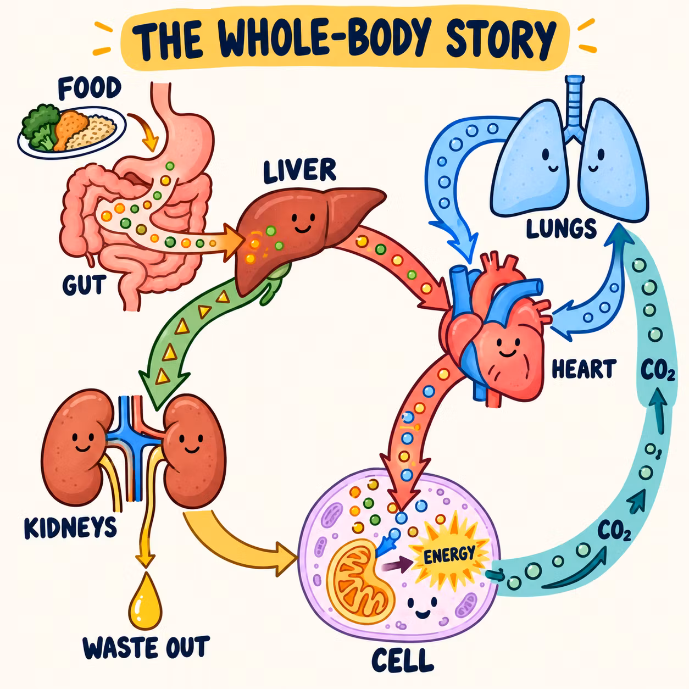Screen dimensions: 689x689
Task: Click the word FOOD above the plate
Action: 90,88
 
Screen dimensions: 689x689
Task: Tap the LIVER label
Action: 299,171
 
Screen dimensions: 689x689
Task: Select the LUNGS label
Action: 561,228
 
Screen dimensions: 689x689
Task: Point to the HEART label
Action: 584,369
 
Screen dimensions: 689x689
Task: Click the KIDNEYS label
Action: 70,527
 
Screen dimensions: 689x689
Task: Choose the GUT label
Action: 85,285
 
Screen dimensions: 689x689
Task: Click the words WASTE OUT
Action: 146,647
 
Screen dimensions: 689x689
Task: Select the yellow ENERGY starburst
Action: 449,554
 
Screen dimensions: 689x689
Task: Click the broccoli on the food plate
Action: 40,126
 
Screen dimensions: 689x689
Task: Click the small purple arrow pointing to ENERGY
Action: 397,565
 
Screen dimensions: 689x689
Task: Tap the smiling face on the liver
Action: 303,223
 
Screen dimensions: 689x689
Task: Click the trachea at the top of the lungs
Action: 574,107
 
